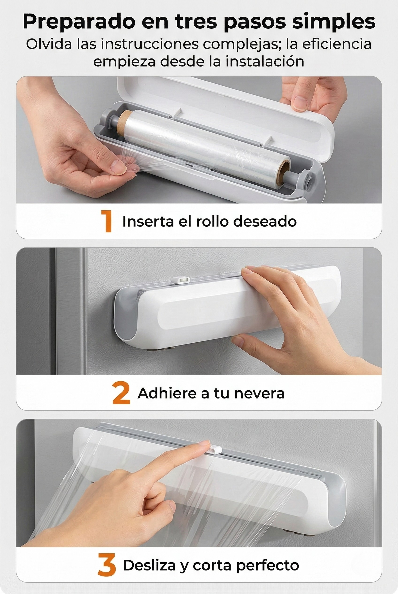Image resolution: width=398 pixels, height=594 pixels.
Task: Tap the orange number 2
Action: [x=121, y=394]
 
